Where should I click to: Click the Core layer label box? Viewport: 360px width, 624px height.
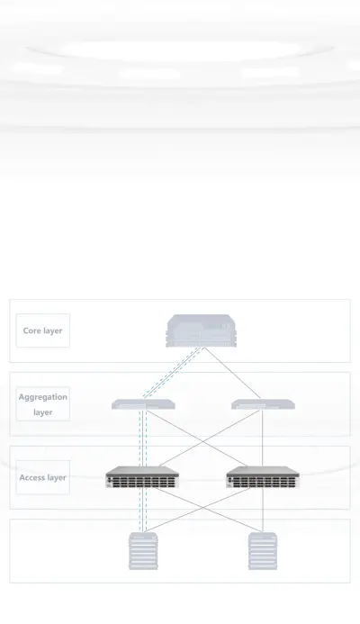point(43,330)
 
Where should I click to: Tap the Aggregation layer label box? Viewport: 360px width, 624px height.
point(43,404)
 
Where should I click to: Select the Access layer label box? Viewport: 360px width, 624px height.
point(43,477)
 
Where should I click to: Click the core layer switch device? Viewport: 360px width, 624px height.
point(202,330)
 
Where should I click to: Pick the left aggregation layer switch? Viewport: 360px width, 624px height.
point(143,404)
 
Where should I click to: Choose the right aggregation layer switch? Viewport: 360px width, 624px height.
point(263,404)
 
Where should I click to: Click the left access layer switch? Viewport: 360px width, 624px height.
point(142,477)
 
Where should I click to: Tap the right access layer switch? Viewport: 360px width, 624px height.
point(263,477)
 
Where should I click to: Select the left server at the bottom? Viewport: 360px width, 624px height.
point(143,551)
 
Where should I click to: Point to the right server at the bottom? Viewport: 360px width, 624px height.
point(263,551)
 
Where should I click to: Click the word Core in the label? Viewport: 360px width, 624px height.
point(31,330)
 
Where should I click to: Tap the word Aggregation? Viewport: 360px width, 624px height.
point(43,397)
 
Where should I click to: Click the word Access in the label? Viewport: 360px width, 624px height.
point(31,477)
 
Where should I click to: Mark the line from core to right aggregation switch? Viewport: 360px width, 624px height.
point(232,374)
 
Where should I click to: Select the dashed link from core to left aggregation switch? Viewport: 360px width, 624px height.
point(173,373)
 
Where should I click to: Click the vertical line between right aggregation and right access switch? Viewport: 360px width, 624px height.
point(263,439)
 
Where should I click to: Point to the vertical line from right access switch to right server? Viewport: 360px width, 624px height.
point(263,511)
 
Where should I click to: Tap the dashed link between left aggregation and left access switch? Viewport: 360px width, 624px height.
point(143,439)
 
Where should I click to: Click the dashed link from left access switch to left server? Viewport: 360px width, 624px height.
point(143,511)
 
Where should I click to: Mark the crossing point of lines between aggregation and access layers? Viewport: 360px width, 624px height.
point(203,441)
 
